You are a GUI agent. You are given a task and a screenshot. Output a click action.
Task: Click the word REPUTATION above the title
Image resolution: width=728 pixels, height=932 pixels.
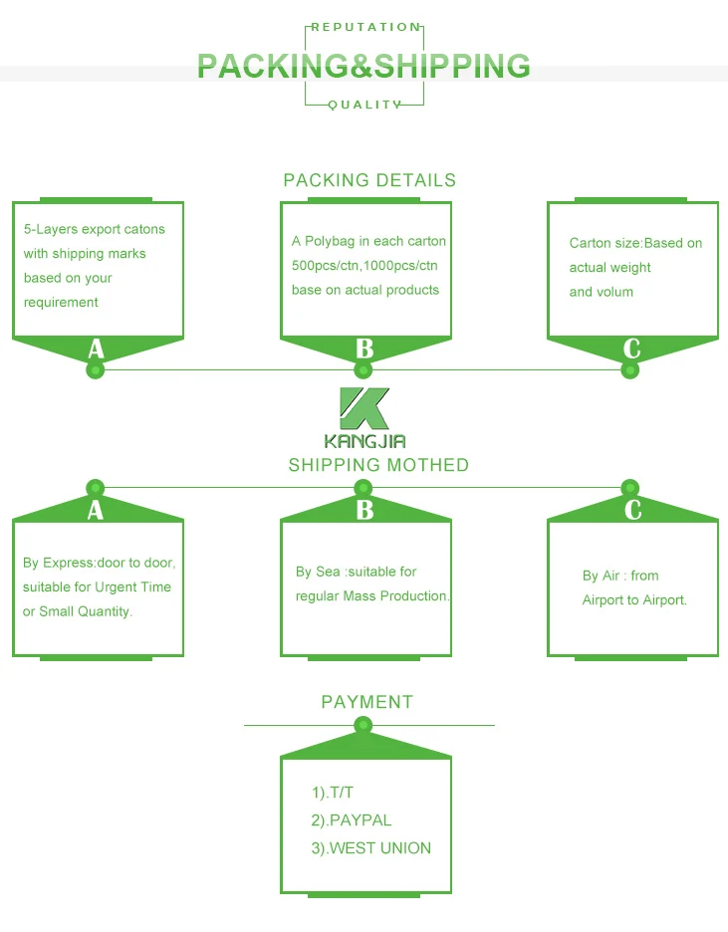365,27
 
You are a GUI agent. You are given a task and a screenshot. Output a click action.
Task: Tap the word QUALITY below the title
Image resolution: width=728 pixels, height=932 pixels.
364,105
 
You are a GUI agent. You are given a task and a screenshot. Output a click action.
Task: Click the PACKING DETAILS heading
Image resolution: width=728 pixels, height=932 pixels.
369,180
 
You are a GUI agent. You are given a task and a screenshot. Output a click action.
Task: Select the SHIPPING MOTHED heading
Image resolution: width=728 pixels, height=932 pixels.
378,465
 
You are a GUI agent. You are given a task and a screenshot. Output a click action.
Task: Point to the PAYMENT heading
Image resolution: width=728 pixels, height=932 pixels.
366,702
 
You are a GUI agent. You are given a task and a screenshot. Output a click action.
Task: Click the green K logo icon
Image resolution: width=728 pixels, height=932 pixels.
364,408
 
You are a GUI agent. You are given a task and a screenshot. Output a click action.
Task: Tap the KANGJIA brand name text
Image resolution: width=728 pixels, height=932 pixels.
364,441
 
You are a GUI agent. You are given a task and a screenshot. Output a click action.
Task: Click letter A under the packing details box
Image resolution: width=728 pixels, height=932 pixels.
96,349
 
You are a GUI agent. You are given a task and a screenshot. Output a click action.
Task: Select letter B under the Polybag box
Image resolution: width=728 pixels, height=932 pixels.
364,349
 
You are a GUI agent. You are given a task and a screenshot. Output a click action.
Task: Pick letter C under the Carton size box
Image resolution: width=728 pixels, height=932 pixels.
631,349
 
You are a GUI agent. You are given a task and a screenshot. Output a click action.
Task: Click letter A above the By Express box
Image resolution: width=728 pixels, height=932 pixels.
95,510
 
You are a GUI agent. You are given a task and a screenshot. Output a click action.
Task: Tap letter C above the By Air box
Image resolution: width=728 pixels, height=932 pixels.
633,510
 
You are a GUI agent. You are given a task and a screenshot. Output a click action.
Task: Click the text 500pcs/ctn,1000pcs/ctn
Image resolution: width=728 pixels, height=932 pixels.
364,266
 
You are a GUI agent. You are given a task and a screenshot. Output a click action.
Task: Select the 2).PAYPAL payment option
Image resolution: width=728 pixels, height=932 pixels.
352,820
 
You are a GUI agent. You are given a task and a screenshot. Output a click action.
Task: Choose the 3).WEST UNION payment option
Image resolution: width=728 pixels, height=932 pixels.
370,848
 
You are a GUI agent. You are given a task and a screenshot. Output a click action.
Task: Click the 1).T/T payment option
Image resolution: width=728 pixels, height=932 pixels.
333,793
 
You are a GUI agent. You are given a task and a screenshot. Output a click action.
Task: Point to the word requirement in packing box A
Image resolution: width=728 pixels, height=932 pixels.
61,303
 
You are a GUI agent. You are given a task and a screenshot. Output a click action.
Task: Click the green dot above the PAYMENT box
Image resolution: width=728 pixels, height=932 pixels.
364,725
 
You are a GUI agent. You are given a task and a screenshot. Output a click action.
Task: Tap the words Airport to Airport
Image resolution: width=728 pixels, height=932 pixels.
634,600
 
